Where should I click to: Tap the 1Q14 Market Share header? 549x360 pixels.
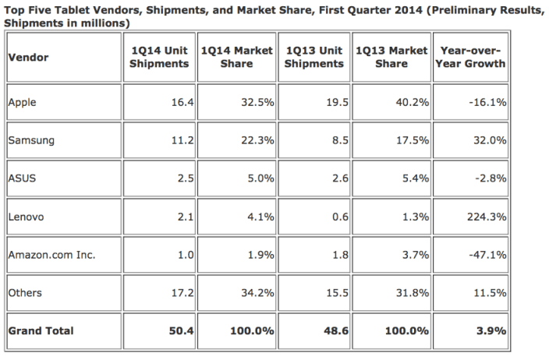(x=236, y=58)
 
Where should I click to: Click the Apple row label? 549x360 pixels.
(x=22, y=102)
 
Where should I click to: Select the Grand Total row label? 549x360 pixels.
(x=41, y=330)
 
